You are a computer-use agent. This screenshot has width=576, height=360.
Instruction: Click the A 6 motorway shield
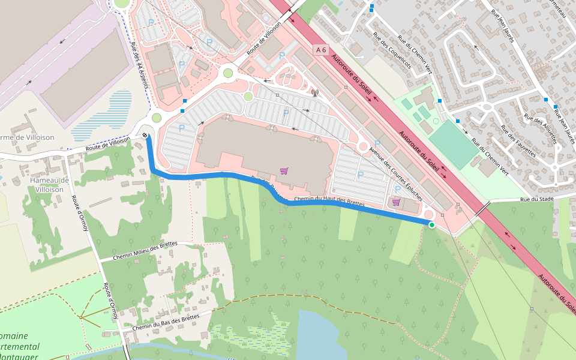pos(320,50)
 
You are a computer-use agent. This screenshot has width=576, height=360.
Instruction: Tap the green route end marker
pos(431,225)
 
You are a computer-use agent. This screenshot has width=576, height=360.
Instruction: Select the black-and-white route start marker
pos(146,135)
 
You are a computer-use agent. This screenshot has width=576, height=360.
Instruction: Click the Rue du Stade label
pos(536,199)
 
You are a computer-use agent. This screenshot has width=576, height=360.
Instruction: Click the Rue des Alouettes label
pos(540,125)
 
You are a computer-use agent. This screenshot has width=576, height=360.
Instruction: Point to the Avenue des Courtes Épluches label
pos(396,173)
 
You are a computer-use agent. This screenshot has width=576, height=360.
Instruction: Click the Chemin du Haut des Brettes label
pos(329,201)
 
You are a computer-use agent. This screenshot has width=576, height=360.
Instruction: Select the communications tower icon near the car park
pos(314,94)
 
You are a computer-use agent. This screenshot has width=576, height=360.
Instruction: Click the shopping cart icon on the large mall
pos(284,171)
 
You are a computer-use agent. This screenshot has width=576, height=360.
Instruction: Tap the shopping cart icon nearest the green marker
pos(396,202)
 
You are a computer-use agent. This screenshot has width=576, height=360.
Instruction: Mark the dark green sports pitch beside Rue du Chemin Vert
pos(454,143)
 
